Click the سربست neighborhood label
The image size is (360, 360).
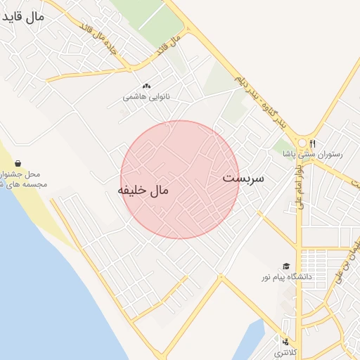243,178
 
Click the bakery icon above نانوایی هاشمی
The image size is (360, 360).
146,86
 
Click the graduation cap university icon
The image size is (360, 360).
285,266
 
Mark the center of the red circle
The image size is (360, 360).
180,180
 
